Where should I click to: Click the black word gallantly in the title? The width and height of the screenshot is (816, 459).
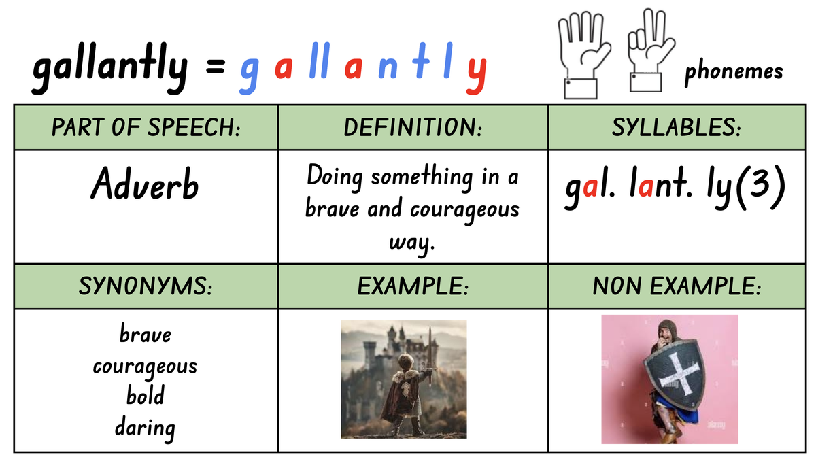tap(110, 68)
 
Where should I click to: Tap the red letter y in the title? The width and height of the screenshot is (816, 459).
tap(477, 75)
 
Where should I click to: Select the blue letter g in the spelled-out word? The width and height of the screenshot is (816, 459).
tap(250, 75)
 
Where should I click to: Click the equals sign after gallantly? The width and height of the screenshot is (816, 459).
tap(215, 67)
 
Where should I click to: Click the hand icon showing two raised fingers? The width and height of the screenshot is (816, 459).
tap(650, 50)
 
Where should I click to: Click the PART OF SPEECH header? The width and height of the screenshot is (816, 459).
tap(146, 128)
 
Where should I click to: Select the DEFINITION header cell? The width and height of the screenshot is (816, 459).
tap(413, 128)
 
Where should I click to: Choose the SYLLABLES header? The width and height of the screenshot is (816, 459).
tap(676, 128)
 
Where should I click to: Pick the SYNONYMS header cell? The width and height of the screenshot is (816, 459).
tap(146, 286)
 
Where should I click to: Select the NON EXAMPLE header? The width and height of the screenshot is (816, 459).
tap(677, 286)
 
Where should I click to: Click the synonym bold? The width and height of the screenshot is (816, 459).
tap(146, 395)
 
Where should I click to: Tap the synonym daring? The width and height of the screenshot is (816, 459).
tap(145, 428)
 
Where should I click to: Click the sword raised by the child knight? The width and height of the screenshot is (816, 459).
tap(430, 359)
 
